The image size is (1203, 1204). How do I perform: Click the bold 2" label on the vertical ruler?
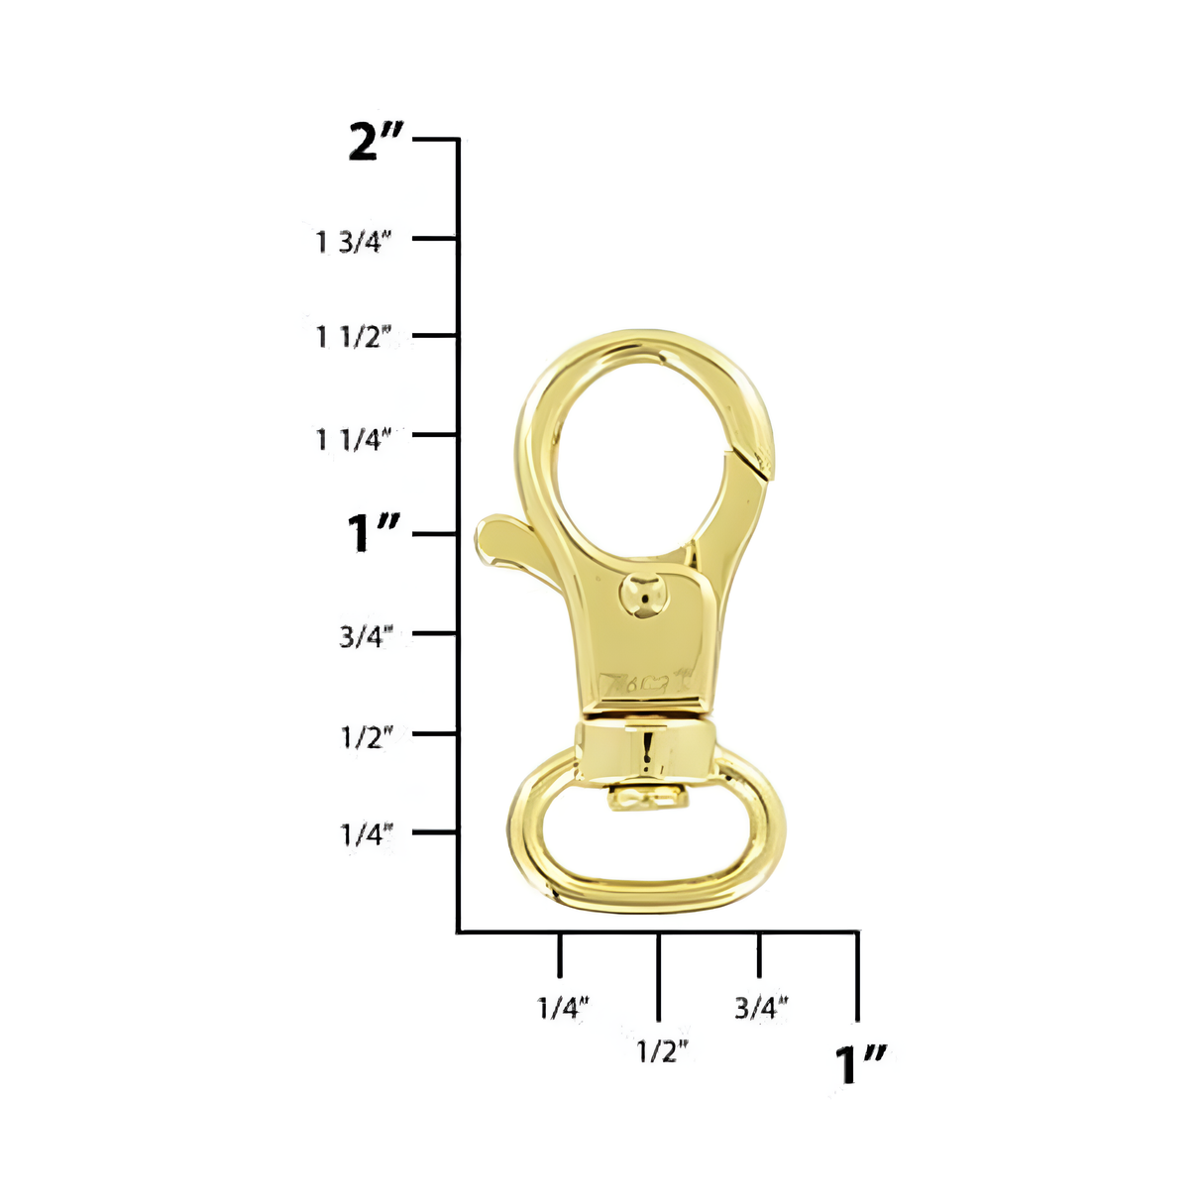377,142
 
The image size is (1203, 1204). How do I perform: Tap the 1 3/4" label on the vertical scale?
354,241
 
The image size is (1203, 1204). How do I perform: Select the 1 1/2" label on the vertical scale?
354,337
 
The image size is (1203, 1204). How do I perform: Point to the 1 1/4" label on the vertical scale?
354,438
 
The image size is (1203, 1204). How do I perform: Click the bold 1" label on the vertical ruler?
373,534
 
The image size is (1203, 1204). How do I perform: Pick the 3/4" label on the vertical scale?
366,635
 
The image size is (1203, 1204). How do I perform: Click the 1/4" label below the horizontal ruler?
563,1008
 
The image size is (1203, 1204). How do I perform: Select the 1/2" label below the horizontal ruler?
661,1050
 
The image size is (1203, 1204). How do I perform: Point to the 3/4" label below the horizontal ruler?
761,1008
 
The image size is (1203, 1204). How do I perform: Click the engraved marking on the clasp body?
645,683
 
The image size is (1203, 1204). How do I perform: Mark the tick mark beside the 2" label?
435,140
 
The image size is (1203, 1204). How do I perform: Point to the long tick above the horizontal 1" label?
857,976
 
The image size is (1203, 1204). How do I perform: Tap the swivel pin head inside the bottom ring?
645,798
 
